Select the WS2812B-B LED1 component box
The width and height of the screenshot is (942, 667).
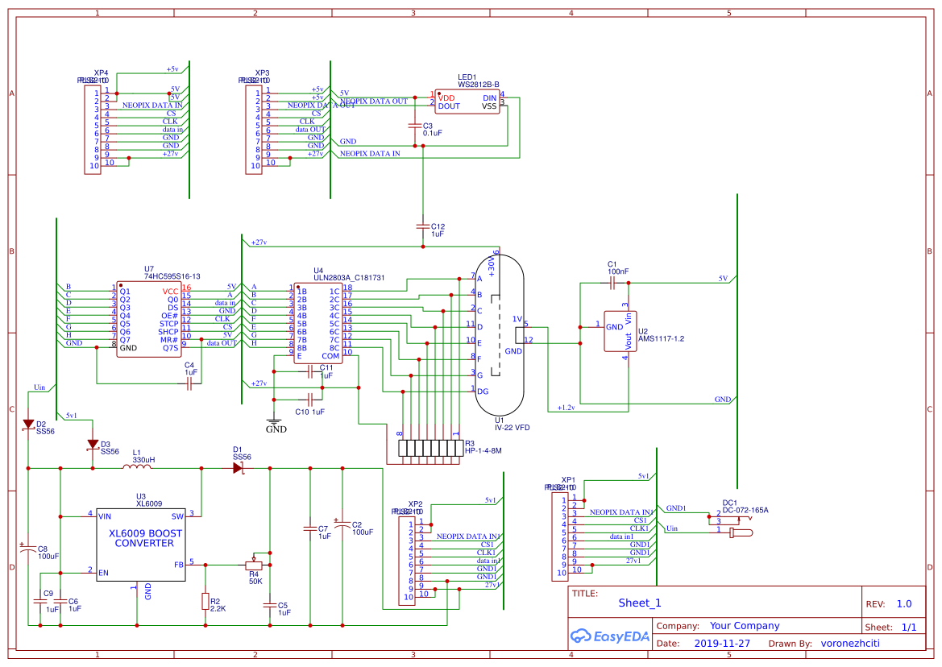point(467,101)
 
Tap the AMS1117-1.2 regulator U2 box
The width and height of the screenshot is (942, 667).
point(620,331)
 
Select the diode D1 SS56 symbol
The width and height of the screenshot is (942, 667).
point(238,467)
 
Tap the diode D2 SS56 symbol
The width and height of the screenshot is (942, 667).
point(28,424)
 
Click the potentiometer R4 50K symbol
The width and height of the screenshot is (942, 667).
point(254,565)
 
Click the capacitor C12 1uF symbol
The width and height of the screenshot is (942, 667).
point(423,226)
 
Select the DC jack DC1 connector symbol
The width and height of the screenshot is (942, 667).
point(733,523)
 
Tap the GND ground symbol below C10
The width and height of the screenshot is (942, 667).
point(275,420)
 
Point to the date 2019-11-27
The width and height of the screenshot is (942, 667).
point(722,644)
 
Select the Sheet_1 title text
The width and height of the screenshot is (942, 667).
point(640,603)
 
